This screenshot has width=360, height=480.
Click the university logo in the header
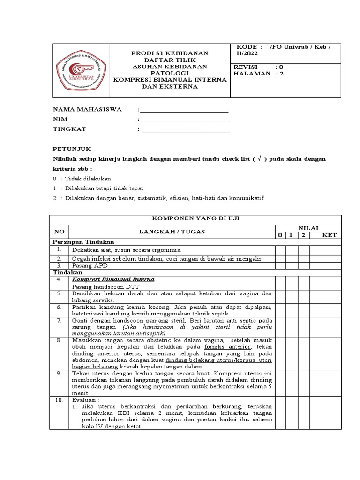click(x=80, y=70)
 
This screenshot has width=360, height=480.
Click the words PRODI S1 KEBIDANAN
click(x=170, y=54)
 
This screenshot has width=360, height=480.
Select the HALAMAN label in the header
click(x=252, y=74)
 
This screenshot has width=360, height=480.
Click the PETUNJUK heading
click(x=72, y=149)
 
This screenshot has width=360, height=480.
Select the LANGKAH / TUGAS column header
click(x=172, y=231)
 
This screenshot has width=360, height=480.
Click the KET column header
click(x=329, y=235)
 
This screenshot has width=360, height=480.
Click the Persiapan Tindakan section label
click(x=83, y=242)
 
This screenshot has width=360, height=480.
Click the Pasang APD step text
click(x=90, y=265)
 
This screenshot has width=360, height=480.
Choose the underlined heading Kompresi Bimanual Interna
click(x=113, y=279)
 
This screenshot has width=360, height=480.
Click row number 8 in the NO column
click(x=59, y=340)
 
